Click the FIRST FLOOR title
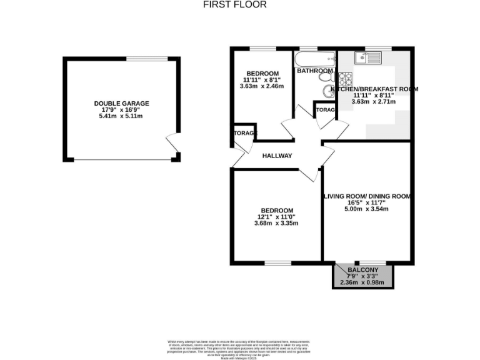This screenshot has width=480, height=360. pyautogui.click(x=235, y=4)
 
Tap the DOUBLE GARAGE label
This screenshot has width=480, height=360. pyautogui.click(x=122, y=103)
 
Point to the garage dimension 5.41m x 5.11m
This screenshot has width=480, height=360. pyautogui.click(x=122, y=116)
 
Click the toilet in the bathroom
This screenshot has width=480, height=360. pyautogui.click(x=328, y=93)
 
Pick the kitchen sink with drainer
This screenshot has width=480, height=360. pyautogui.click(x=368, y=59)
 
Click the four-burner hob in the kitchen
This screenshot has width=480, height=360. pyautogui.click(x=345, y=79)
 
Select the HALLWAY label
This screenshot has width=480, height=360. pyautogui.click(x=277, y=156)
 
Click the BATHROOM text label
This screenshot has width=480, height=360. pyautogui.click(x=315, y=71)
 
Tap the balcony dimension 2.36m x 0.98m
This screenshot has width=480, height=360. pyautogui.click(x=362, y=282)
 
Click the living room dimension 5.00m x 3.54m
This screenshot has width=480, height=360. pyautogui.click(x=366, y=209)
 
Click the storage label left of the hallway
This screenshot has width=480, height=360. pyautogui.click(x=244, y=134)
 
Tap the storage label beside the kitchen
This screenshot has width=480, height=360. pyautogui.click(x=326, y=110)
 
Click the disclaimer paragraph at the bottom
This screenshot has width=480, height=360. pyautogui.click(x=239, y=346)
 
